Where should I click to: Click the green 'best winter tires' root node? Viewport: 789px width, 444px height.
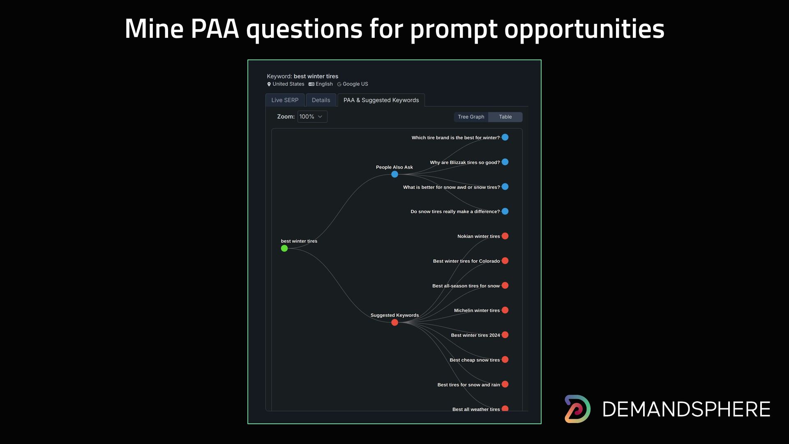pos(284,248)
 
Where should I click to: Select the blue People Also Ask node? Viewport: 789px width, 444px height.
pos(394,174)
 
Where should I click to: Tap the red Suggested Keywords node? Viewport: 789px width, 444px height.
pos(394,322)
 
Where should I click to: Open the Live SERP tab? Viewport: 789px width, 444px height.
pos(285,100)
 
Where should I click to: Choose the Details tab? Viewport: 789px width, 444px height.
pos(321,100)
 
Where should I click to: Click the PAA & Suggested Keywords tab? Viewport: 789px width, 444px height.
pos(381,100)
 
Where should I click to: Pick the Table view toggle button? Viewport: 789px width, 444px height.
pos(505,117)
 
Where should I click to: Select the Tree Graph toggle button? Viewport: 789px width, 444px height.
pos(471,117)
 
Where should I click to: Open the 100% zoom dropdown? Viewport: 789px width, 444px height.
pos(312,116)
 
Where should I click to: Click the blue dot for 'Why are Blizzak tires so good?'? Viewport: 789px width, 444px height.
pos(505,162)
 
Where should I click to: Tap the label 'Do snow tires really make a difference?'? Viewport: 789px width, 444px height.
pos(455,212)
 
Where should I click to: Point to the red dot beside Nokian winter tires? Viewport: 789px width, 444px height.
pos(505,236)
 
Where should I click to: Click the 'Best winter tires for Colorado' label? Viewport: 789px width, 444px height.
pos(466,261)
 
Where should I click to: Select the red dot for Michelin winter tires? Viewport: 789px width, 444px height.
pos(505,310)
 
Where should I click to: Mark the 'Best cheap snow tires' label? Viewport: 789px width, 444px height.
pos(475,360)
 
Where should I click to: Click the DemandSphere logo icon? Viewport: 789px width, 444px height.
pos(577,409)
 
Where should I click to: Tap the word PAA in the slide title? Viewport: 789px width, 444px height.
pos(215,29)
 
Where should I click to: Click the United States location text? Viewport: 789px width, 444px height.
pos(288,84)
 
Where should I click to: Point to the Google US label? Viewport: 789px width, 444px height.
pos(355,84)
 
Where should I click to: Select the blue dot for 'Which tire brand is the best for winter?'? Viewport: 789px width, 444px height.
pos(505,137)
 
